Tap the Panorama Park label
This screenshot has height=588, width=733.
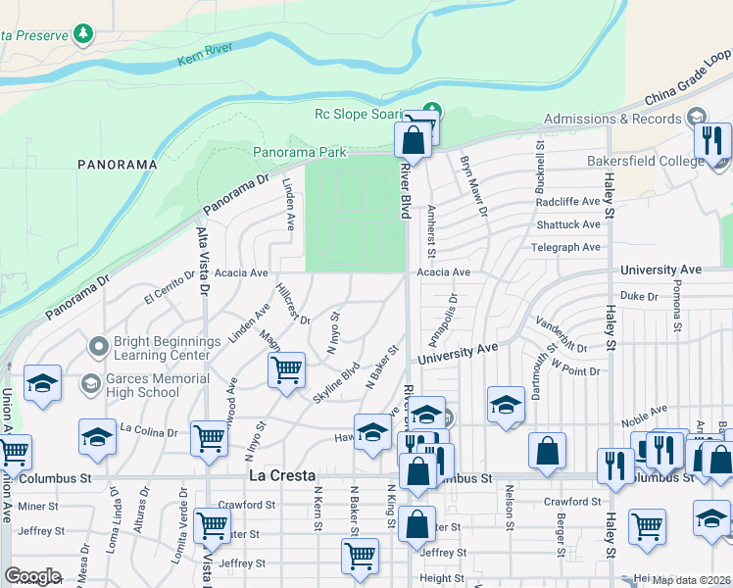(x=300, y=153)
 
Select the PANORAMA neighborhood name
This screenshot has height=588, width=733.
(x=119, y=164)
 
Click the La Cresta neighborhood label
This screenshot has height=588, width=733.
(x=278, y=477)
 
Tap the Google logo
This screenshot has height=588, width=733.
(x=33, y=576)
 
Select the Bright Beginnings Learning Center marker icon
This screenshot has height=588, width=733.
(x=98, y=347)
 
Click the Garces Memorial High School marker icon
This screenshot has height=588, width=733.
(x=90, y=382)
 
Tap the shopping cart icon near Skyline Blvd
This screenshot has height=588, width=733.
(x=286, y=370)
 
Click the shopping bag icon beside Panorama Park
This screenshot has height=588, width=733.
(x=414, y=139)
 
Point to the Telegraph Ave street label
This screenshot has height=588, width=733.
(x=565, y=247)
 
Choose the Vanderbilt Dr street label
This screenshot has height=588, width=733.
(x=562, y=334)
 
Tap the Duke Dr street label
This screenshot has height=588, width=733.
(x=639, y=295)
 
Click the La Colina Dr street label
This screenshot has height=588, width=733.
(x=149, y=429)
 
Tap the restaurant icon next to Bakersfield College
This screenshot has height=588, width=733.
(x=712, y=141)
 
